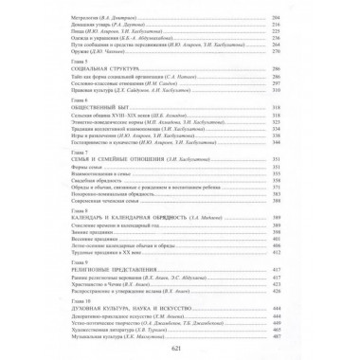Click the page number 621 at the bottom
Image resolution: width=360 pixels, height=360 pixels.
pyautogui.click(x=180, y=350)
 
